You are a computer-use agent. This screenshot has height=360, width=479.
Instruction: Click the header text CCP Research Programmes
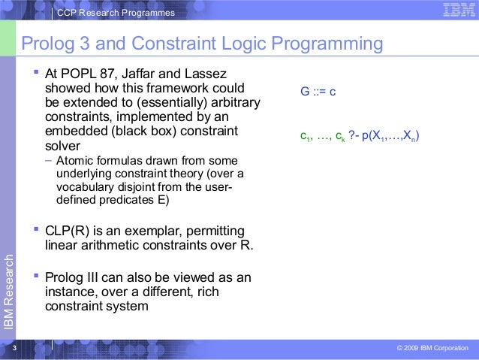[116, 13]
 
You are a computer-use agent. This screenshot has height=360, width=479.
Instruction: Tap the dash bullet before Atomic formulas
[49, 162]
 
